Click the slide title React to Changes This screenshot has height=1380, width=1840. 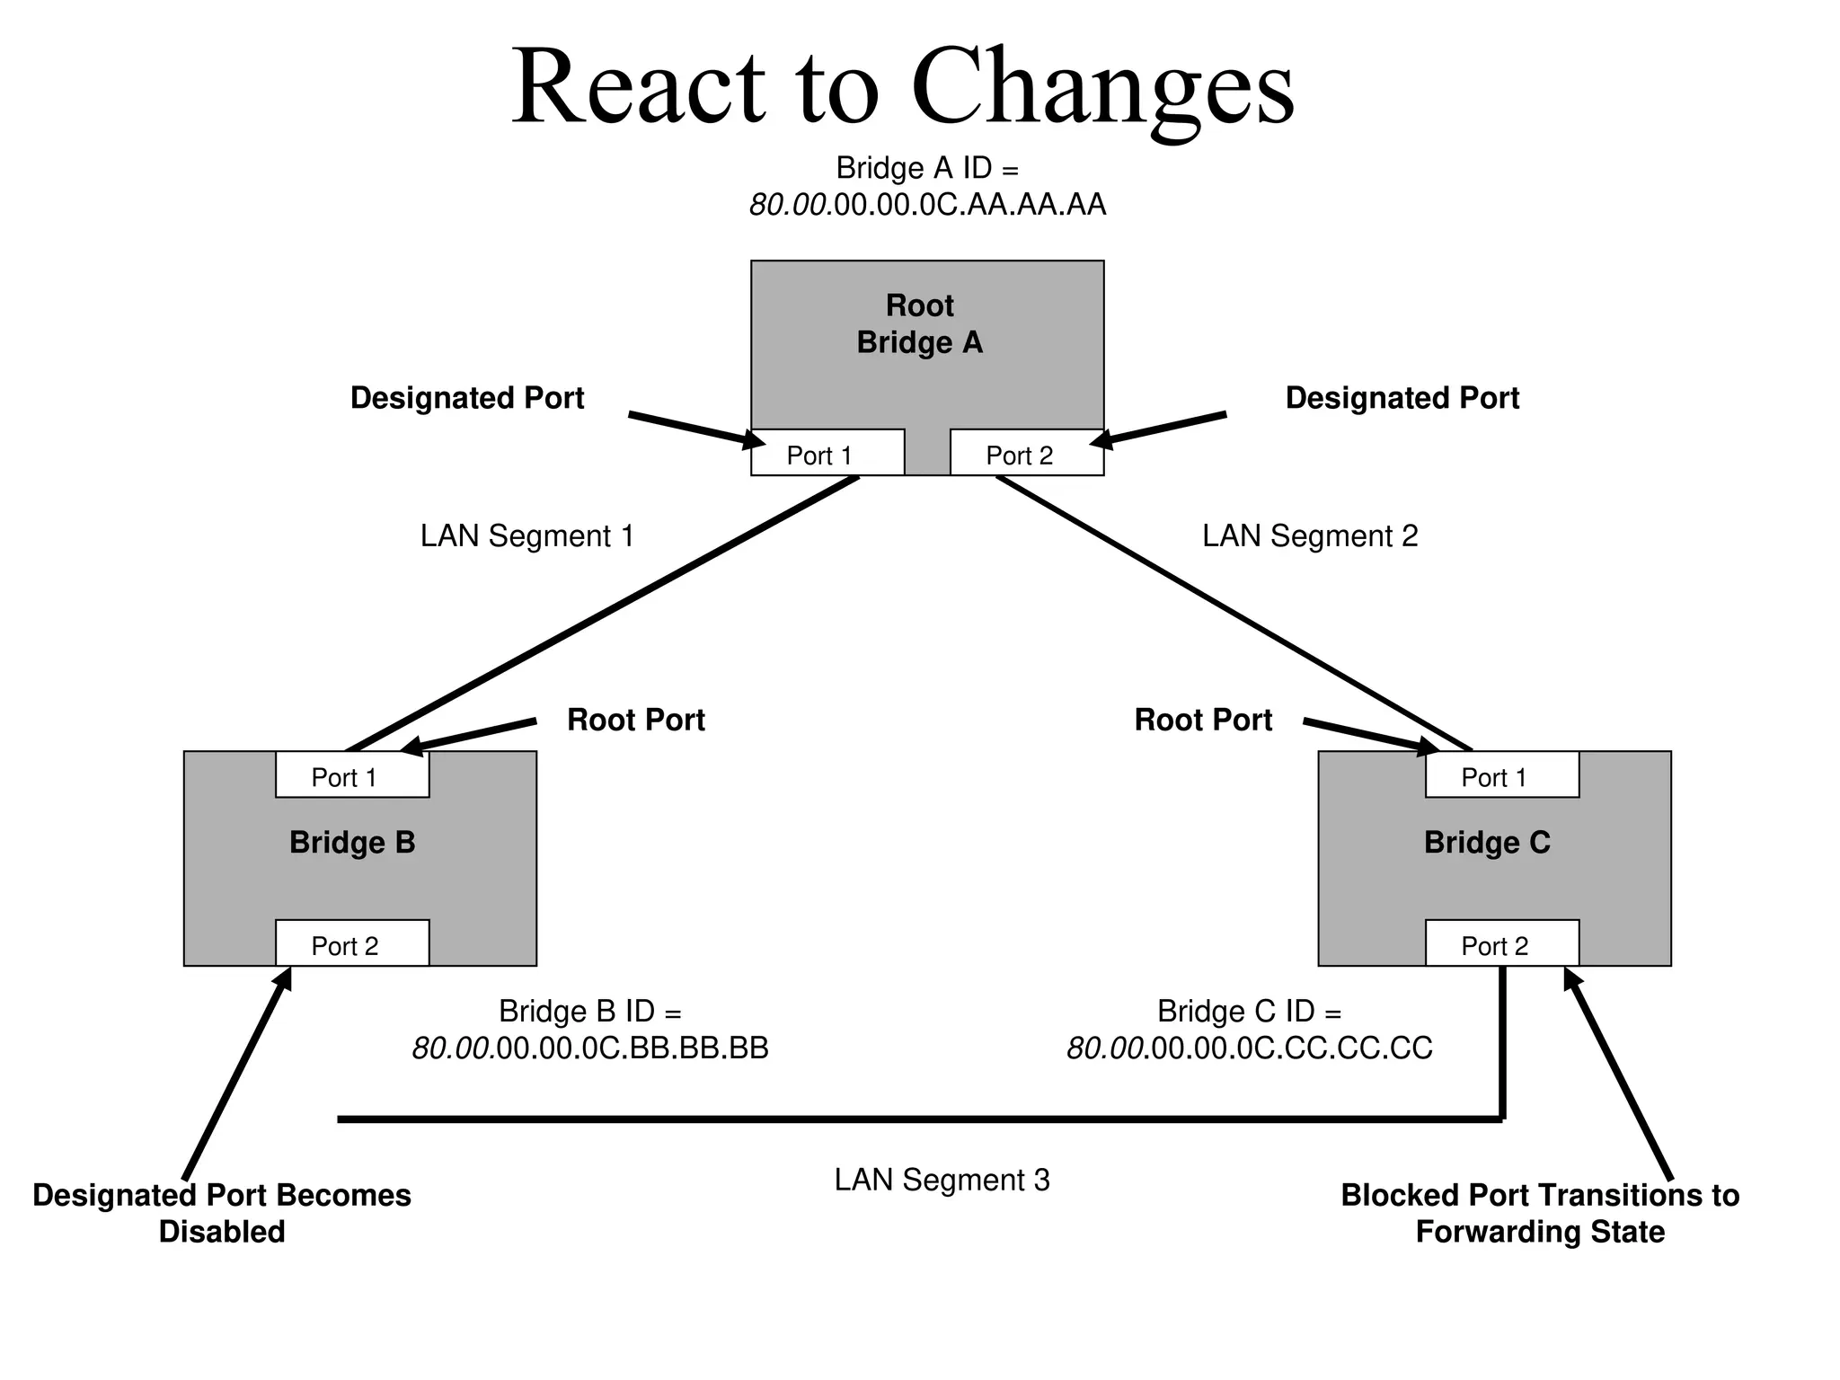[902, 87]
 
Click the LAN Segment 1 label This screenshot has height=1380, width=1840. [527, 536]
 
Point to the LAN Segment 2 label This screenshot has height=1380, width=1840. [1310, 536]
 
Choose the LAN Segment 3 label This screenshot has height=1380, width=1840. [942, 1180]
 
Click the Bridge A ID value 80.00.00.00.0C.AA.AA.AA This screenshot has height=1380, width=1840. [927, 205]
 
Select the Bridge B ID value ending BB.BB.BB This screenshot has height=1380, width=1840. [590, 1048]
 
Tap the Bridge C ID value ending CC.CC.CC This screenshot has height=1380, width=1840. [1249, 1048]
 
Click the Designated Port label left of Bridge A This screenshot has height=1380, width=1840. [467, 398]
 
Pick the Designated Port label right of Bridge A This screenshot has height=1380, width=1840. [1402, 398]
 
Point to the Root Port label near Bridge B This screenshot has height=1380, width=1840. [635, 720]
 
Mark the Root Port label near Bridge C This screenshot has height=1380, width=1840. [1203, 720]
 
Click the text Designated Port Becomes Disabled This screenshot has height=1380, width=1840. [222, 1213]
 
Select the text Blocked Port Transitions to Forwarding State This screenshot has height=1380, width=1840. [1540, 1213]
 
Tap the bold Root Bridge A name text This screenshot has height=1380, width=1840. [919, 324]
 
